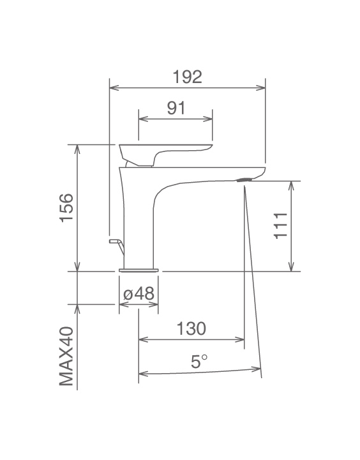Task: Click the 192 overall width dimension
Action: pos(187,77)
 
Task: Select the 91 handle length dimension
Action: pos(176,108)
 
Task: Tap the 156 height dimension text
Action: pos(66,208)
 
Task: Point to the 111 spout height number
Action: pos(281,226)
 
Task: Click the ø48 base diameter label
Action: pos(139,293)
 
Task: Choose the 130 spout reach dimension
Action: pos(191,328)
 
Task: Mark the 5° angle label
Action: pos(199,361)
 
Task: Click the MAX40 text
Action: pos(66,356)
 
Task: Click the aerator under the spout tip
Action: pos(244,180)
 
